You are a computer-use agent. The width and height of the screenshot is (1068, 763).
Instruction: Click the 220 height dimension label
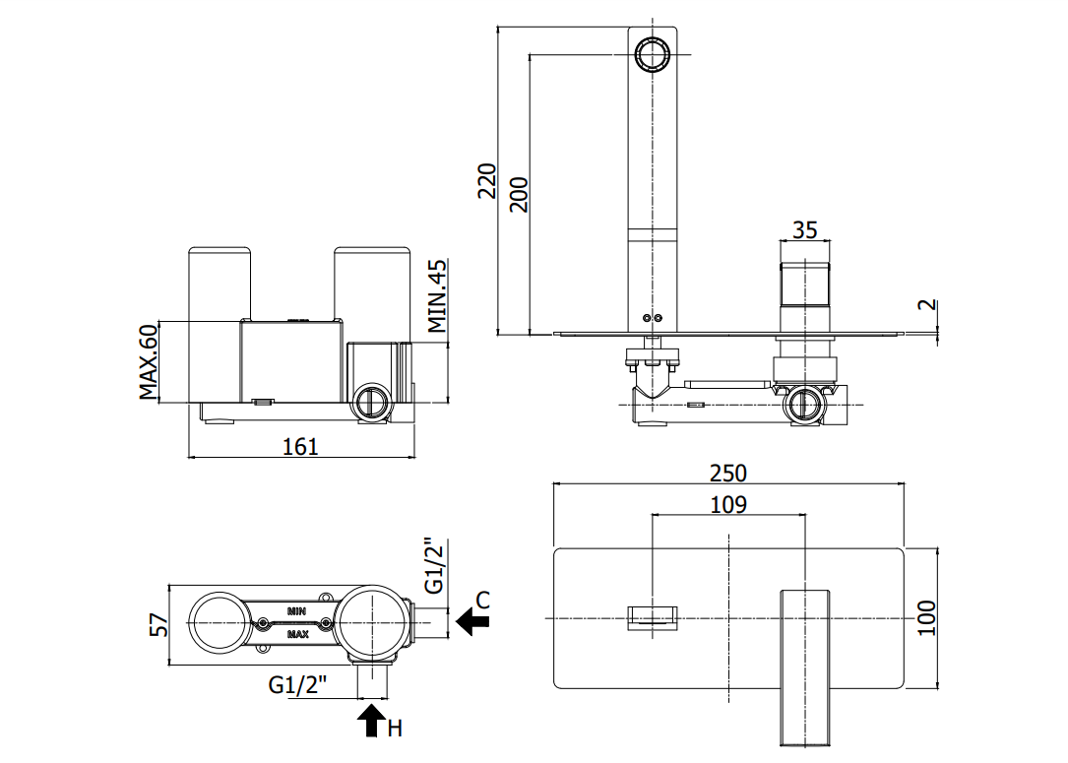(x=487, y=180)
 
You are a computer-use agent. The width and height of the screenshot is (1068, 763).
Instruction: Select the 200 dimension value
(x=519, y=194)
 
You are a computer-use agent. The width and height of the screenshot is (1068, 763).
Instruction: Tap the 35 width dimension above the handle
(x=804, y=230)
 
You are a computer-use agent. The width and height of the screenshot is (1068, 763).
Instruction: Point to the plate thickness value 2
(x=930, y=305)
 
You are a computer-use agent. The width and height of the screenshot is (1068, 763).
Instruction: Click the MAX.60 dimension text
(x=149, y=361)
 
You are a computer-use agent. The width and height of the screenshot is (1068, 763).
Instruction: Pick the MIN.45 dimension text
(x=437, y=295)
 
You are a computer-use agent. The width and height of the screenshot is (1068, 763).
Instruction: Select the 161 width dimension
(x=300, y=446)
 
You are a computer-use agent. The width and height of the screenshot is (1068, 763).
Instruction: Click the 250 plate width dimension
(x=728, y=473)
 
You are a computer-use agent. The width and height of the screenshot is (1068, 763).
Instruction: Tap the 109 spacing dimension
(x=728, y=505)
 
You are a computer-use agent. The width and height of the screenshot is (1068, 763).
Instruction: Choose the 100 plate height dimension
(x=926, y=618)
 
